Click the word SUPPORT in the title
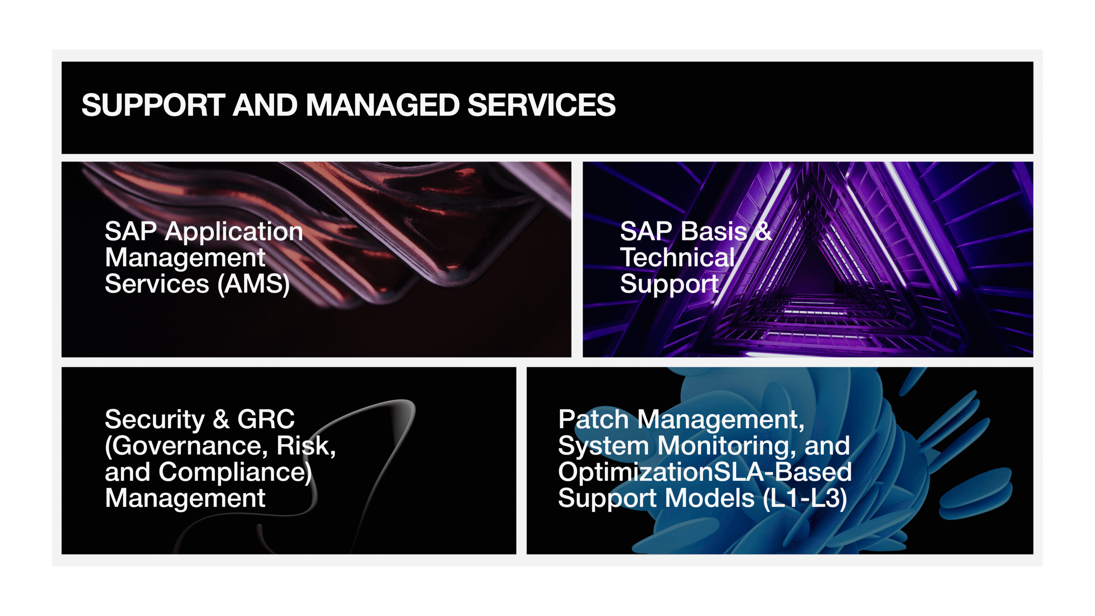tap(153, 105)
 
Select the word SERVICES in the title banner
tap(542, 105)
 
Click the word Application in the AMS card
tap(234, 232)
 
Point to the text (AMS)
tap(254, 284)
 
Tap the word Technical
tap(678, 258)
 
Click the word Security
tap(155, 419)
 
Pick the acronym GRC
tap(266, 419)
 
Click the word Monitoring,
tap(727, 446)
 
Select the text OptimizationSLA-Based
tap(705, 472)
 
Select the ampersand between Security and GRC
tap(221, 419)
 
